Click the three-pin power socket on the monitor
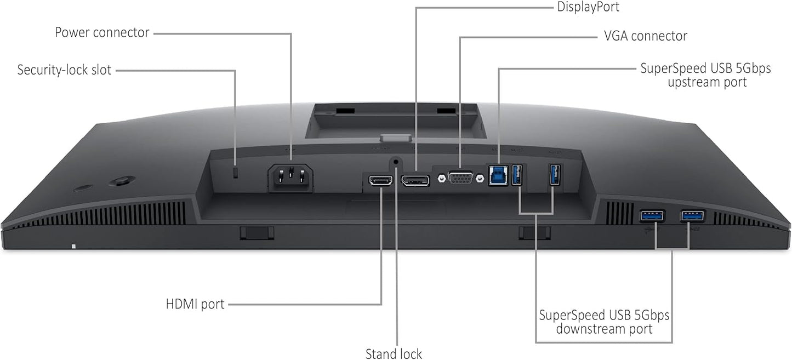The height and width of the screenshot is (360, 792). [290, 179]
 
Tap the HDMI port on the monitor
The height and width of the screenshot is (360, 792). [381, 180]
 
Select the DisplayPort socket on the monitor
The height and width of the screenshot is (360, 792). [415, 179]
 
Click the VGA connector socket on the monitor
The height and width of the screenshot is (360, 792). [459, 179]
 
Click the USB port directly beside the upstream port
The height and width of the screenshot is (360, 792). [517, 175]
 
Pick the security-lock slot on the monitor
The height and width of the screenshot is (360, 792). [236, 173]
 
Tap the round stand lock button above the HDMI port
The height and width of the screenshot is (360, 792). [396, 162]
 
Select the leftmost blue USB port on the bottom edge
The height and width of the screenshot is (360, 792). [652, 216]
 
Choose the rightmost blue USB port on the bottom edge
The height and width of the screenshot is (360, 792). [693, 215]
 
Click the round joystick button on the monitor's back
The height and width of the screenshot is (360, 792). [121, 181]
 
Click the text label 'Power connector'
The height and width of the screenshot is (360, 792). [102, 32]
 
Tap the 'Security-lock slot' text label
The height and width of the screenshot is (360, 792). [64, 70]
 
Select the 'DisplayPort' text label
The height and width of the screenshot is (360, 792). [588, 7]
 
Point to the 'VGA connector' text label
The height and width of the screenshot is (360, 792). [645, 36]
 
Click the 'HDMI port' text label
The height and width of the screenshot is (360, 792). [195, 304]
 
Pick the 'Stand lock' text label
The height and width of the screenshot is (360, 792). [394, 353]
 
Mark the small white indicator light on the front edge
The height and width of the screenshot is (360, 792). [73, 246]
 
